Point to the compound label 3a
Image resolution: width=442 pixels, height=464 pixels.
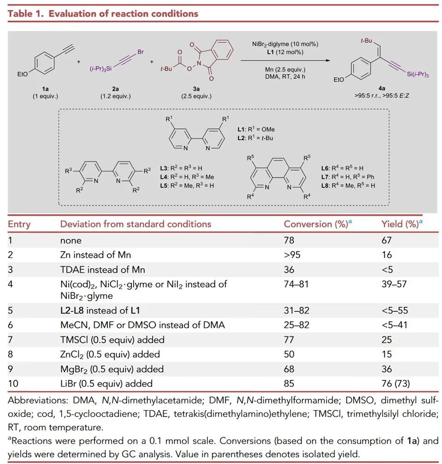tap(196, 89)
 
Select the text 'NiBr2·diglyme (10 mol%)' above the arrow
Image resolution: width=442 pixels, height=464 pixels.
tap(286, 44)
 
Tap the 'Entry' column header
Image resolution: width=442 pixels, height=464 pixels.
tap(19, 224)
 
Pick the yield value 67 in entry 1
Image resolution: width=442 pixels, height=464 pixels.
tap(387, 240)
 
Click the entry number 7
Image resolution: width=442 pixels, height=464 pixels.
tap(11, 340)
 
